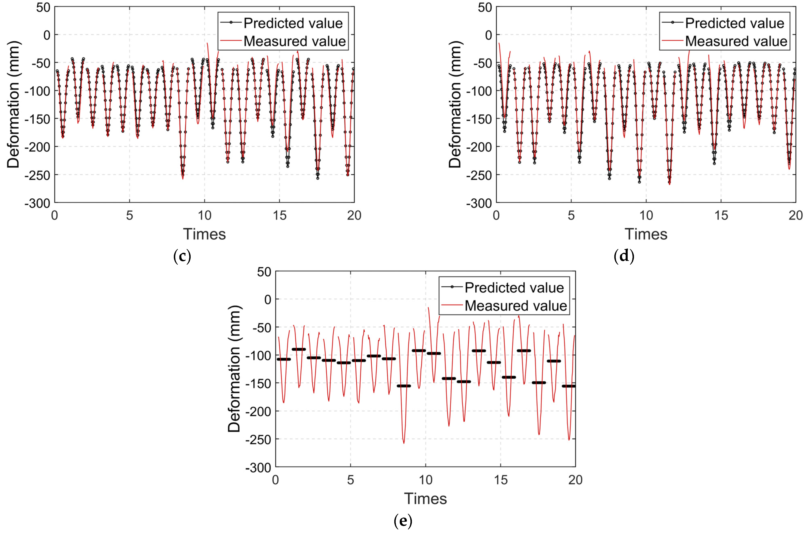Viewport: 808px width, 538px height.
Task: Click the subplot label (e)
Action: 403,521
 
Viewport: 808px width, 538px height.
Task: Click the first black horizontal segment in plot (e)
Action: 283,359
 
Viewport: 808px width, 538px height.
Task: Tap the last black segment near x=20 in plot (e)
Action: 569,386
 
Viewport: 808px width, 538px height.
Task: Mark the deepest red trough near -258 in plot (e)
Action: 404,443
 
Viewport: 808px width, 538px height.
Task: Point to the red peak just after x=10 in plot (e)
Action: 428,308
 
